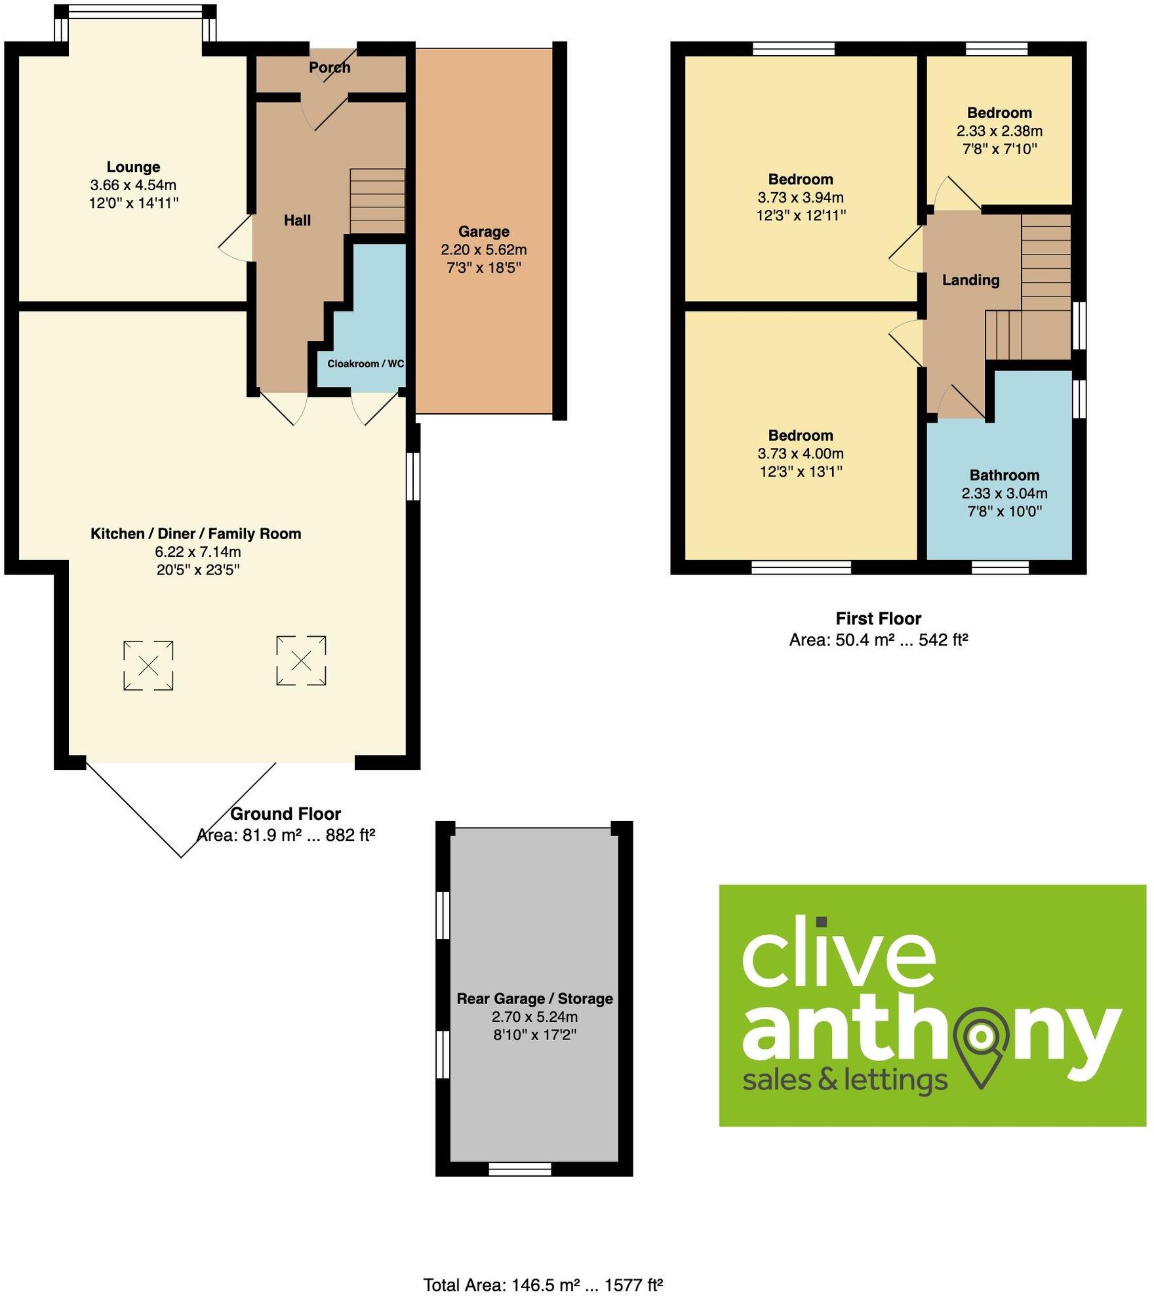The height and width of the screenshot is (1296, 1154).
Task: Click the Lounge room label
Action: [133, 167]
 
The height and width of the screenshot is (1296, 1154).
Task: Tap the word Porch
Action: [329, 68]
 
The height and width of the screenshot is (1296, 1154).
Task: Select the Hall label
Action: [297, 220]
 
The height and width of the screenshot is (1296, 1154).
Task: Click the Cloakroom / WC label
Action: [365, 363]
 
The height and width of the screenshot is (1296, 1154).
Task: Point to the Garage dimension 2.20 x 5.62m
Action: [483, 250]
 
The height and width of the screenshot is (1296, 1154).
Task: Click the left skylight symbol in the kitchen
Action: [148, 666]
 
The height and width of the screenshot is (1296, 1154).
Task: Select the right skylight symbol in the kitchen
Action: [301, 660]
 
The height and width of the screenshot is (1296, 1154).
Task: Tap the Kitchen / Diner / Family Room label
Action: [195, 534]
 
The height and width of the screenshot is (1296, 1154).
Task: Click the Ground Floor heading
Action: [285, 814]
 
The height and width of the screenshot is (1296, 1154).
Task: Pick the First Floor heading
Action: [878, 618]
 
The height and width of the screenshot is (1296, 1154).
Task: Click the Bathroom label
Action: [1004, 476]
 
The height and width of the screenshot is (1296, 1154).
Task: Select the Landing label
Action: [970, 281]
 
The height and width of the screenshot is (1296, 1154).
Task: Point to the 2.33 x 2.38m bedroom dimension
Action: [999, 131]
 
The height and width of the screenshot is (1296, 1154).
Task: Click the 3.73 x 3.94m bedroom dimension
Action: [801, 197]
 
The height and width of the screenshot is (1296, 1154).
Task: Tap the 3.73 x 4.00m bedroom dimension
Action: [801, 454]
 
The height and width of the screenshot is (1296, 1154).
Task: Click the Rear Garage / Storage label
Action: [534, 999]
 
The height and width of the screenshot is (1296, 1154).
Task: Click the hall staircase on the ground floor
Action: [377, 201]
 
